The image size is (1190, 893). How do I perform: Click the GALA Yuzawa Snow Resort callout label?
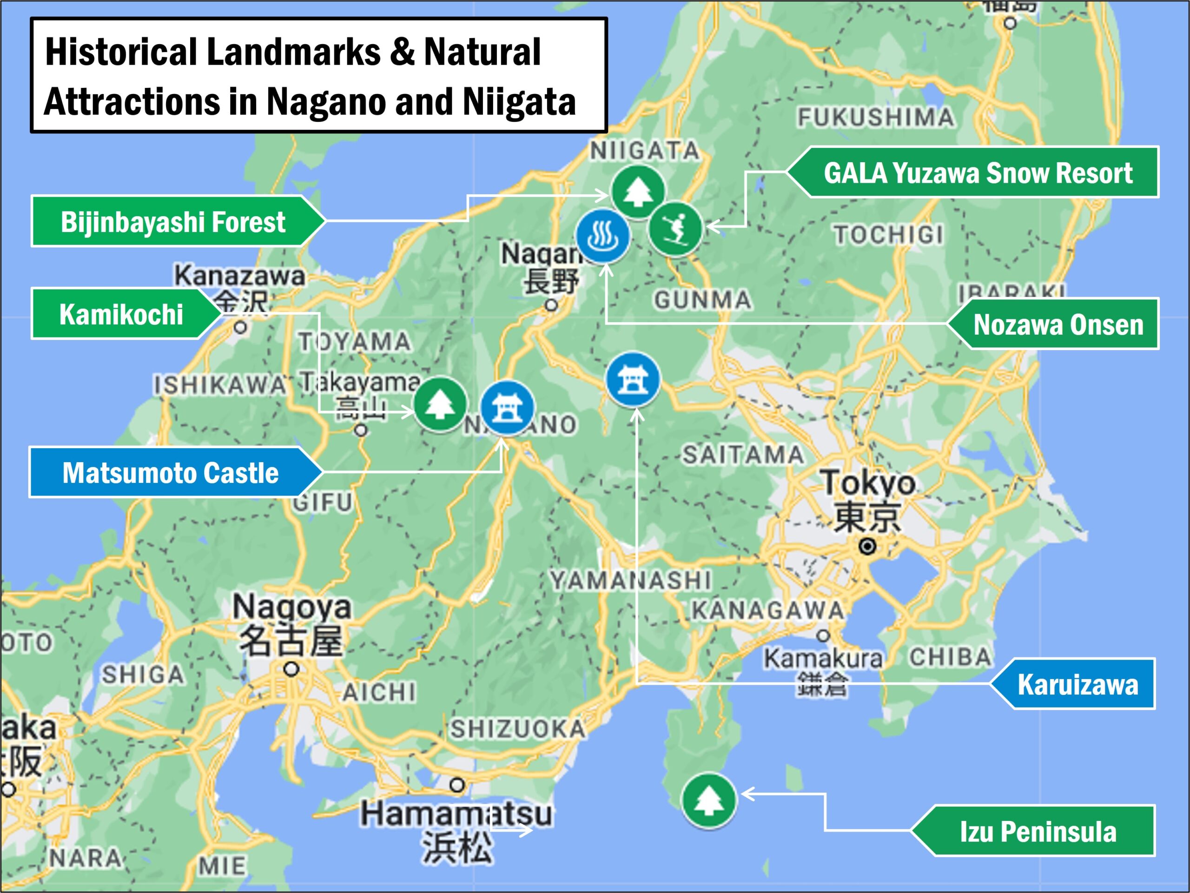click(x=978, y=172)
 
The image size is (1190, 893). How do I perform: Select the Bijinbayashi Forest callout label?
click(x=173, y=222)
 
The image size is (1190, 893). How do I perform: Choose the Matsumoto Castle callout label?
click(x=171, y=473)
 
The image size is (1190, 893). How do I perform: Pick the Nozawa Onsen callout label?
click(x=1058, y=324)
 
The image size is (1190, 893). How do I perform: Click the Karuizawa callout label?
click(x=1077, y=684)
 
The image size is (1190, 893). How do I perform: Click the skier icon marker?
click(x=675, y=229)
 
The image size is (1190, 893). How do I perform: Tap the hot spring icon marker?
click(x=602, y=236)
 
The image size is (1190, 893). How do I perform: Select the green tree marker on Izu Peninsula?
click(x=708, y=800)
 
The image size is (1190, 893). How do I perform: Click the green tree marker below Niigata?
click(x=637, y=192)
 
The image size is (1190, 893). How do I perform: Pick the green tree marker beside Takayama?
click(x=440, y=404)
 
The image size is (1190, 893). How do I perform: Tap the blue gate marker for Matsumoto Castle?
click(x=506, y=407)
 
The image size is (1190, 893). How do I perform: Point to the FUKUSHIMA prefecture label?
click(x=876, y=117)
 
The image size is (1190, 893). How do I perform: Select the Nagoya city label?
click(x=291, y=607)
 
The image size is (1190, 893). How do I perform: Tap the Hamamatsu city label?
click(x=456, y=814)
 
